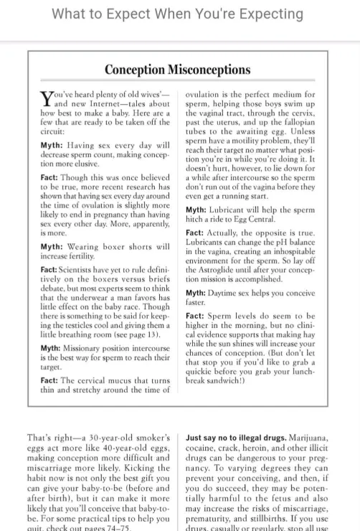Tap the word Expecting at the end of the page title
pos(266,14)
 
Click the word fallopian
pos(295,131)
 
